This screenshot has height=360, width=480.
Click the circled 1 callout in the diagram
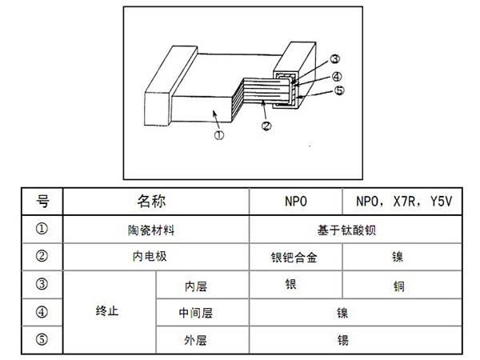pos(219,136)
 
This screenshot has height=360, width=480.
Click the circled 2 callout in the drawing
pos(267,125)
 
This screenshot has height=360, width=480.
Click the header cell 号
pos(44,202)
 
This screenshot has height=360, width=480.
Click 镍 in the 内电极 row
pos(398,258)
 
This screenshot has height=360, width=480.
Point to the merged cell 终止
pos(107,311)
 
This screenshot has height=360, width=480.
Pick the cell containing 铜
pos(398,286)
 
